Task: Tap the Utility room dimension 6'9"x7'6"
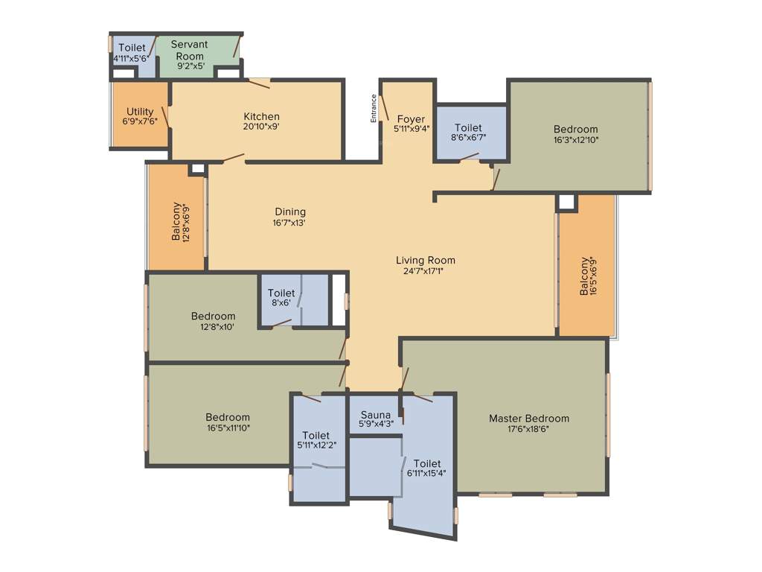(x=140, y=121)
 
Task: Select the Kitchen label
(x=262, y=116)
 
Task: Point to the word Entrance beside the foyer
(x=374, y=108)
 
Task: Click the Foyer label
(x=411, y=119)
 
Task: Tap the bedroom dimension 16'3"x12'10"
(x=576, y=139)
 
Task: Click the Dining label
(x=290, y=212)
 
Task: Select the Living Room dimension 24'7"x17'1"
(x=425, y=270)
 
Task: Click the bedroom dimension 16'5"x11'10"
(x=228, y=428)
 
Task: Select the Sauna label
(x=376, y=415)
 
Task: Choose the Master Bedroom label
(x=528, y=419)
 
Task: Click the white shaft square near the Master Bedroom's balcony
(x=566, y=202)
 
